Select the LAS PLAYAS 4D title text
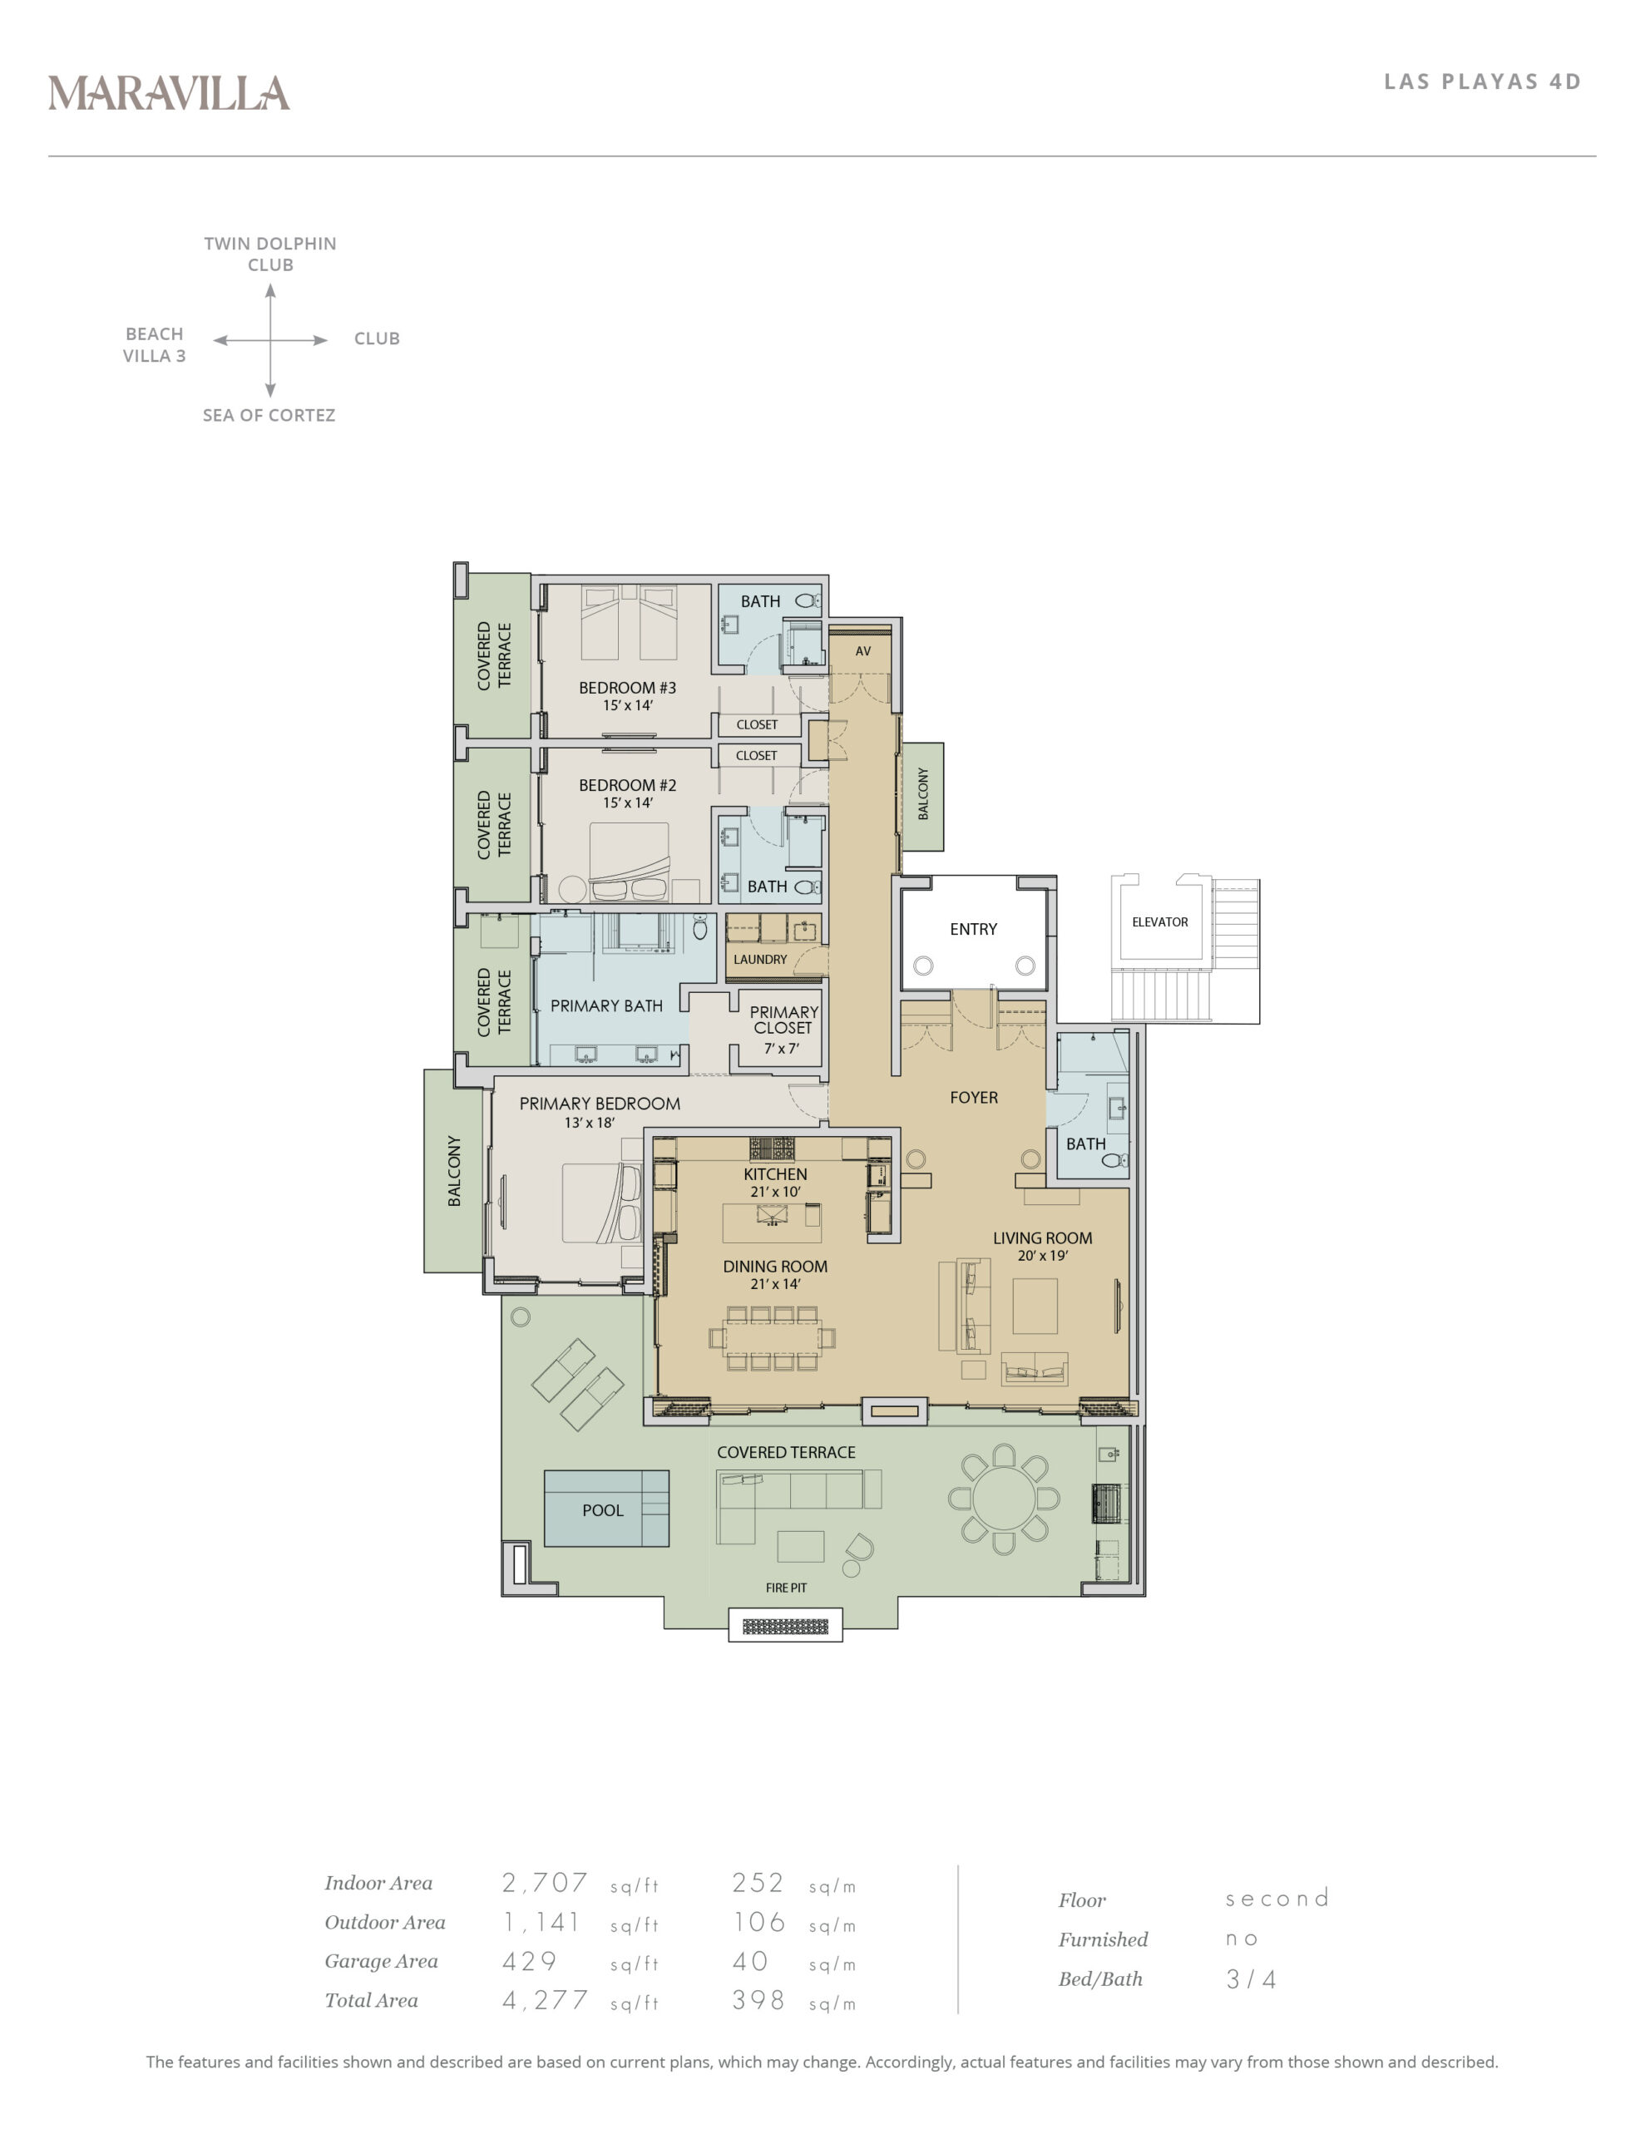point(1482,82)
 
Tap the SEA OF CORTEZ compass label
point(269,415)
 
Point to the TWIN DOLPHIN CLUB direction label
point(270,254)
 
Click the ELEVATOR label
point(1159,922)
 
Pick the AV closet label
point(863,651)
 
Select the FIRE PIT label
point(786,1588)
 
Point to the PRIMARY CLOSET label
point(784,1020)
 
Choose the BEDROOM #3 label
point(627,689)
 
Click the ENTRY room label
point(973,929)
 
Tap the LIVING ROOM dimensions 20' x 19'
point(1042,1256)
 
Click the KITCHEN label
point(775,1174)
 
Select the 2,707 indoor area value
point(544,1882)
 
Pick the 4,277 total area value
point(544,2000)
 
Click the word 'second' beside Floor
point(1277,1898)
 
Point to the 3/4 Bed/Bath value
point(1251,1978)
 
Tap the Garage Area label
point(381,1961)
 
